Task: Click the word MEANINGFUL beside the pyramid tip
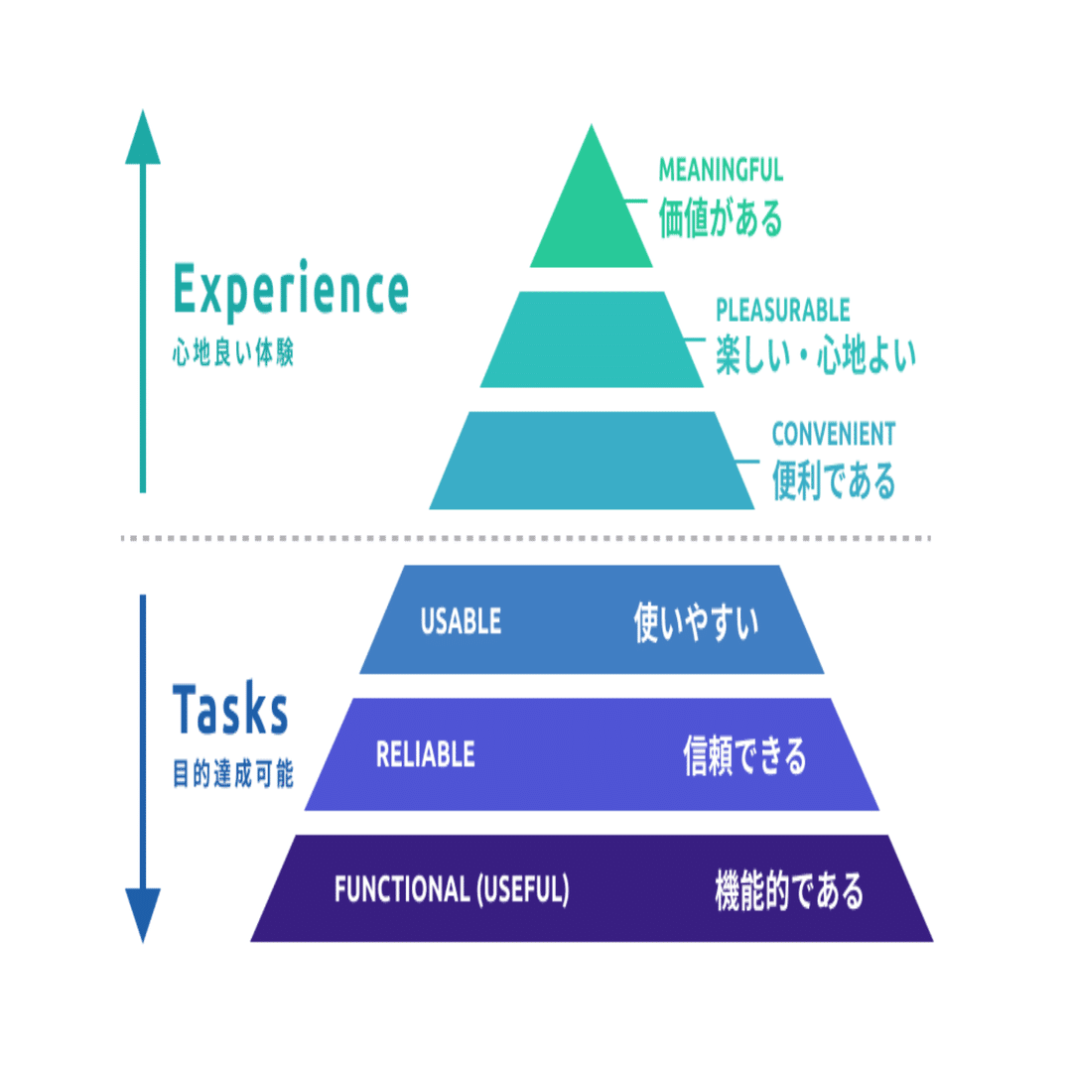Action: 721,171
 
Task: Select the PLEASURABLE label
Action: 783,311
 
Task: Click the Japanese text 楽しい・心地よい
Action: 816,354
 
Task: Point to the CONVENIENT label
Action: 834,434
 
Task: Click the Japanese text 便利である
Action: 834,480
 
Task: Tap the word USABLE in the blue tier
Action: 461,621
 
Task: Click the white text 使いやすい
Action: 696,622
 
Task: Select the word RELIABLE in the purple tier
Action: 425,754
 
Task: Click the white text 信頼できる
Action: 745,755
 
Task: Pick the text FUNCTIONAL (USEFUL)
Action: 452,889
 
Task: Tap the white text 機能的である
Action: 789,890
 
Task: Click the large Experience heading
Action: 291,291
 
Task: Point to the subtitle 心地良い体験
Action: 233,353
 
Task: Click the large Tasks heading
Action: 230,709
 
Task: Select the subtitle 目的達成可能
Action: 233,774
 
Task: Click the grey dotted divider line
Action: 526,539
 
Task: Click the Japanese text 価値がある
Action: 721,217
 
